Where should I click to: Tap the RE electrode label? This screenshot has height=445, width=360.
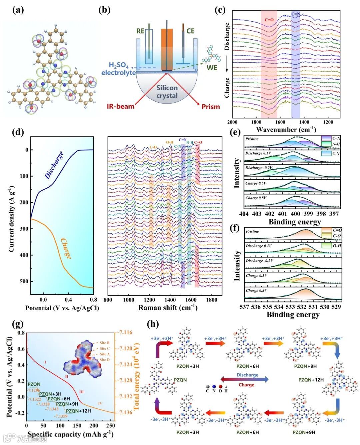click(x=140, y=31)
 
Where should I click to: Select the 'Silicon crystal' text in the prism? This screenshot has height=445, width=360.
click(x=167, y=92)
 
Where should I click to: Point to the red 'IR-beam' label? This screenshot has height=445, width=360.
click(x=120, y=107)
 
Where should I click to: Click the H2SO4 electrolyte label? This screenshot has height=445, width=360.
click(x=119, y=69)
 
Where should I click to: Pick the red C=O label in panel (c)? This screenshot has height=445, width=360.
click(x=269, y=20)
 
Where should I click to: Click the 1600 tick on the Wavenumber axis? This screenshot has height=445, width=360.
click(x=280, y=122)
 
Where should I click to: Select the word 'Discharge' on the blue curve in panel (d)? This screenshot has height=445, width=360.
click(x=54, y=165)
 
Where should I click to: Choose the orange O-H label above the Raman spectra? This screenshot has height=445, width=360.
click(x=170, y=142)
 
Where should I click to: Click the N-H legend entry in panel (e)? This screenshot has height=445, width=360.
click(x=336, y=144)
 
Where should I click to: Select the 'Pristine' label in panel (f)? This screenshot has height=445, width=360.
click(x=252, y=231)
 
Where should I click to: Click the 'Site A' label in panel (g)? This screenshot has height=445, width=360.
click(x=104, y=354)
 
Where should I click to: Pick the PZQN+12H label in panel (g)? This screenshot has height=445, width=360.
click(x=78, y=411)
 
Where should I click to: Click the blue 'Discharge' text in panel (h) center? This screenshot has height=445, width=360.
click(x=247, y=375)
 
